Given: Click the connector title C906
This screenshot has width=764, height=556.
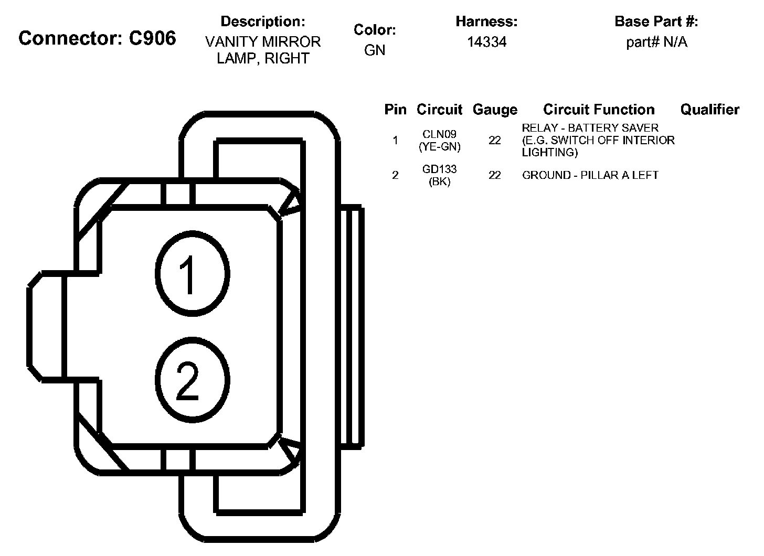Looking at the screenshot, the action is pyautogui.click(x=97, y=38).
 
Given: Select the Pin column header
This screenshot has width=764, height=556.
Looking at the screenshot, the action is pyautogui.click(x=395, y=110).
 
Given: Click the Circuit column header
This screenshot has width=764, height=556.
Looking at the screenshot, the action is pyautogui.click(x=439, y=110).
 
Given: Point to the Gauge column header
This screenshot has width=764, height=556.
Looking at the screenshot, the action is pyautogui.click(x=494, y=110).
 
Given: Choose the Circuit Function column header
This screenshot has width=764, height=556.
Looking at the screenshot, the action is pyautogui.click(x=599, y=110).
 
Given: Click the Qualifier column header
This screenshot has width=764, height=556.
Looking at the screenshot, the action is pyautogui.click(x=709, y=110).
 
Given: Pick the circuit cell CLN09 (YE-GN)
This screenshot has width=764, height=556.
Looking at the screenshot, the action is pyautogui.click(x=440, y=141).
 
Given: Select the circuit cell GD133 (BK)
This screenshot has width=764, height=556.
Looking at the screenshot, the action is pyautogui.click(x=440, y=175).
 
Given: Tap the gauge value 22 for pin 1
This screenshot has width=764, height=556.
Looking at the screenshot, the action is pyautogui.click(x=494, y=141).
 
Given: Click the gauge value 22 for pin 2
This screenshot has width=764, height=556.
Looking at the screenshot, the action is pyautogui.click(x=494, y=175).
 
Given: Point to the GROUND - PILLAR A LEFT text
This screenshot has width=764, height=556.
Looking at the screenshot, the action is pyautogui.click(x=590, y=175).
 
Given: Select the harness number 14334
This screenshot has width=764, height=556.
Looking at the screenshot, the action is pyautogui.click(x=486, y=42).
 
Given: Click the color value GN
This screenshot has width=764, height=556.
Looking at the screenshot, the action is pyautogui.click(x=375, y=50).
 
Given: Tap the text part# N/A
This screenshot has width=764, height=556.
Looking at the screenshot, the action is pyautogui.click(x=656, y=42).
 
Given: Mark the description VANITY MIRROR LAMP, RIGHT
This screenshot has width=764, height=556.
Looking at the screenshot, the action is pyautogui.click(x=263, y=50).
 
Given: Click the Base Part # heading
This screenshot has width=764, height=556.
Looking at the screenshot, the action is pyautogui.click(x=656, y=22).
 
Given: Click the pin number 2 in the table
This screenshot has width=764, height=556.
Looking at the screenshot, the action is pyautogui.click(x=395, y=175).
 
